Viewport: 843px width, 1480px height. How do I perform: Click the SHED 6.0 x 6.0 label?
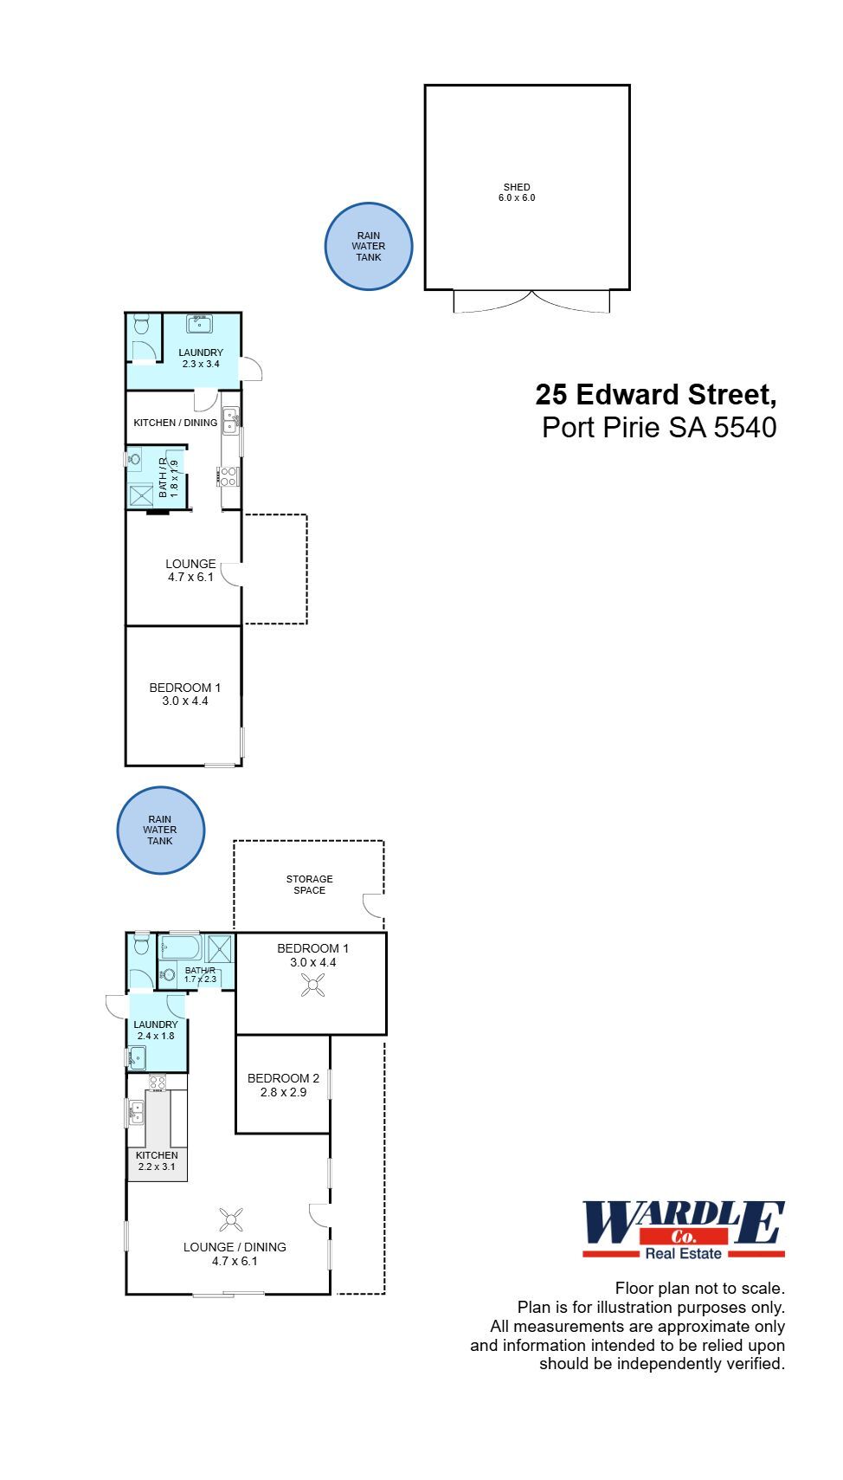tap(517, 192)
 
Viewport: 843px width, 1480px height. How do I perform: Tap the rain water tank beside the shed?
tap(369, 247)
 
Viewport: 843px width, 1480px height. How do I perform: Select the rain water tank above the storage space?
tap(160, 830)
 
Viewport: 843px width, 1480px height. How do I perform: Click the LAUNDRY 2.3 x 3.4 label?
tap(201, 359)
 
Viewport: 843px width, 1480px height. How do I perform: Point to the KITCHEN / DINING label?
tap(175, 423)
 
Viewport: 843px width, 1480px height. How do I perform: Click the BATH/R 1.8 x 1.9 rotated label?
tap(168, 477)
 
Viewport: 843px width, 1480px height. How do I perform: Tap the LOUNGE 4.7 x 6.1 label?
tap(190, 570)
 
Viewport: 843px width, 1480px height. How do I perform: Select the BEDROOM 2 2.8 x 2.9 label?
tap(283, 1085)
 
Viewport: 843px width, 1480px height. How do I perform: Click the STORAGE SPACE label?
tap(309, 884)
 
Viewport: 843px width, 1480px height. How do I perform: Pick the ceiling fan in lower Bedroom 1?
tap(312, 985)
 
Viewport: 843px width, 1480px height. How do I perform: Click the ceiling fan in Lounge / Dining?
tap(230, 1220)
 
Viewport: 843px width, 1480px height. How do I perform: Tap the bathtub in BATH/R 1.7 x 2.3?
tap(181, 947)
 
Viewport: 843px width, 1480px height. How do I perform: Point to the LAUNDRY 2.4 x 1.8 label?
tap(156, 1031)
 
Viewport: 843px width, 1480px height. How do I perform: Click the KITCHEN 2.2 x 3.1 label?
tap(157, 1160)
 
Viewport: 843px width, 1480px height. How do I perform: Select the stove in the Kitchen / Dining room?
tap(228, 476)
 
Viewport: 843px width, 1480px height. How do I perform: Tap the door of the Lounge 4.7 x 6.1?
tap(230, 574)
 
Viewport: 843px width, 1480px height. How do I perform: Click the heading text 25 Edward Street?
tap(655, 395)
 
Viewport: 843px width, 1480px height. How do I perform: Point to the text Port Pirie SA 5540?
tap(659, 427)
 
